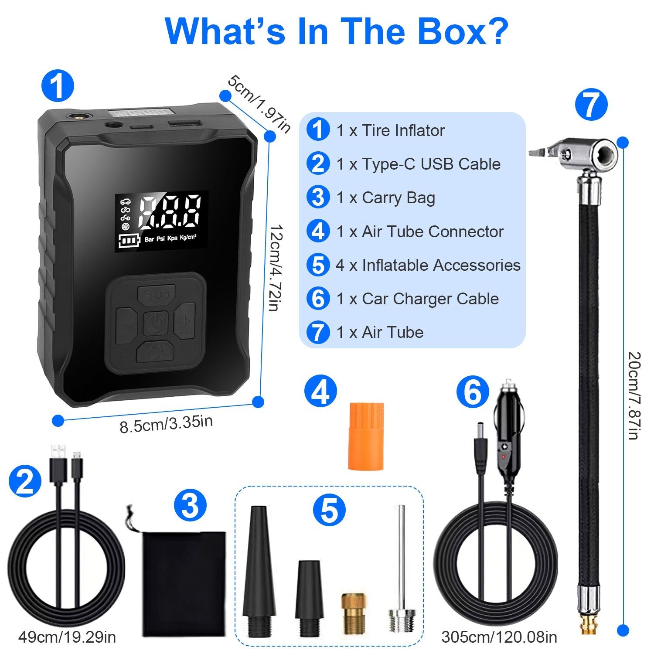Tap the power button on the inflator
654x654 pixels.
156,324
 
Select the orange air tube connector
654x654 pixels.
366,436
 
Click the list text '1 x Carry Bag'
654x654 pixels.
385,198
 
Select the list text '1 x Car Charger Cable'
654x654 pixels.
417,299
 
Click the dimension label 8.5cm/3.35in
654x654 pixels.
166,424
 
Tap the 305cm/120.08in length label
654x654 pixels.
499,637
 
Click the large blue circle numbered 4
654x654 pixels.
320,392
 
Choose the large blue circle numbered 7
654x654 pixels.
591,105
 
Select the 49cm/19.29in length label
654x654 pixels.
67,637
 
